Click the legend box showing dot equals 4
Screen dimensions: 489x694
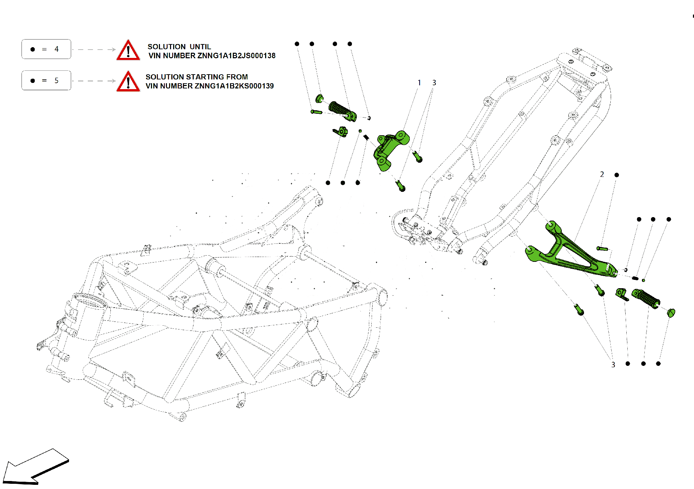(46, 49)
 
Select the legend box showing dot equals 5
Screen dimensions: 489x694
(46, 80)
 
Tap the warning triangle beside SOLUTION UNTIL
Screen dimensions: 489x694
(128, 51)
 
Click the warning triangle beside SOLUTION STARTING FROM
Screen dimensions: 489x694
(128, 82)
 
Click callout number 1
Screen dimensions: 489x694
(419, 83)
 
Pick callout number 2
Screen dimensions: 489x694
(602, 174)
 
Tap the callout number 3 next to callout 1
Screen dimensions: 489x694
(434, 83)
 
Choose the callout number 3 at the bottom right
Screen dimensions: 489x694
(613, 365)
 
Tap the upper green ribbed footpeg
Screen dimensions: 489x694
(342, 111)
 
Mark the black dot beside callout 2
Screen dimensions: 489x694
(617, 175)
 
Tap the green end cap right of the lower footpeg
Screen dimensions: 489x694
(671, 313)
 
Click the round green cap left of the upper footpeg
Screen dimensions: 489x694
(319, 99)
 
